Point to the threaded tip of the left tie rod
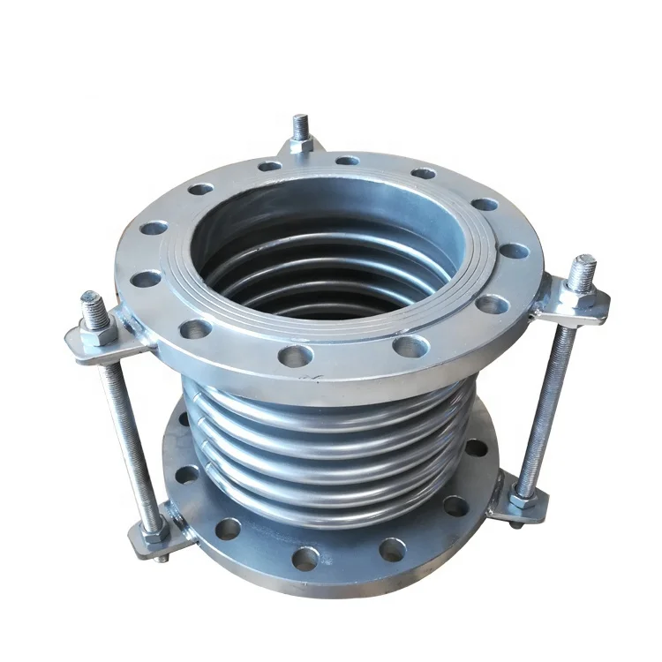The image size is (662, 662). (92, 303)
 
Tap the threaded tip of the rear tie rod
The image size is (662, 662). (302, 123)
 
